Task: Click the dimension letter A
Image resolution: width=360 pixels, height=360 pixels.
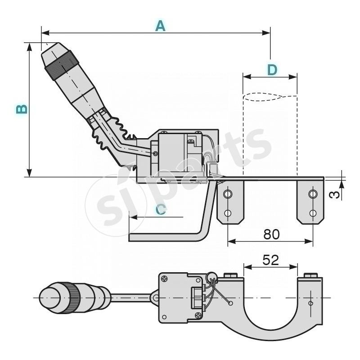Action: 160,26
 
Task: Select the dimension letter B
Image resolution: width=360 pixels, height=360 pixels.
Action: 21,109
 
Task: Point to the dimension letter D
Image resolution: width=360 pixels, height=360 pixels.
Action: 272,70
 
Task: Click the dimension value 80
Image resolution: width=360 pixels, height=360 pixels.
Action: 271,234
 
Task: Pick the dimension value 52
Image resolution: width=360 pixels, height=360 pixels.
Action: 270,260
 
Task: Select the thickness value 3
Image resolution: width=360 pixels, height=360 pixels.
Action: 333,194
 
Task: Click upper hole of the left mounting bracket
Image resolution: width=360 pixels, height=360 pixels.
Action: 228,194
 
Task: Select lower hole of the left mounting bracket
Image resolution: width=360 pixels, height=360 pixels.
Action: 228,213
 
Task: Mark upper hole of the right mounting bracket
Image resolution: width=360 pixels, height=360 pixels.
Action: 312,194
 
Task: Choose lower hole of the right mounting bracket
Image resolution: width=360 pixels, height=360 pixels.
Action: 312,213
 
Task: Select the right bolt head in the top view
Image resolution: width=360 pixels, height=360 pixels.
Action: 310,275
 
